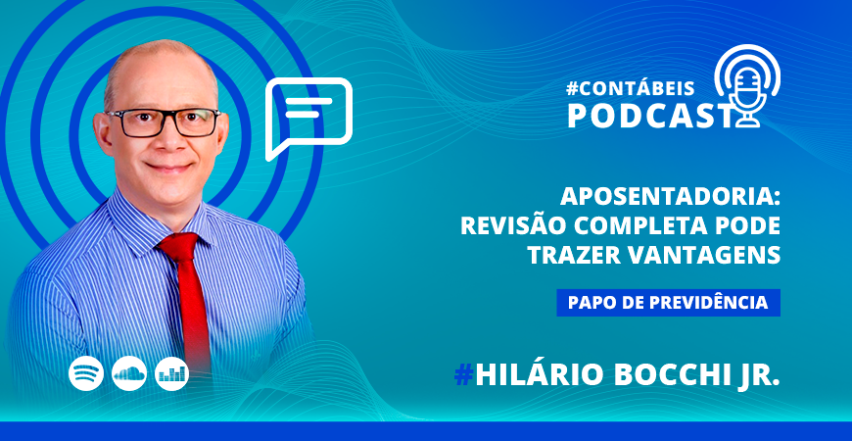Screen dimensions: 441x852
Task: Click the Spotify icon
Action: pyautogui.click(x=86, y=373)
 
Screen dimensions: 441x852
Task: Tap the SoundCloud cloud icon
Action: pyautogui.click(x=129, y=373)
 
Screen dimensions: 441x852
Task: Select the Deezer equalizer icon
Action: pyautogui.click(x=172, y=373)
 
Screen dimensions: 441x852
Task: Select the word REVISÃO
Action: pyautogui.click(x=513, y=225)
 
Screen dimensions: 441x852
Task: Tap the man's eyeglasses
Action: pyautogui.click(x=164, y=122)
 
